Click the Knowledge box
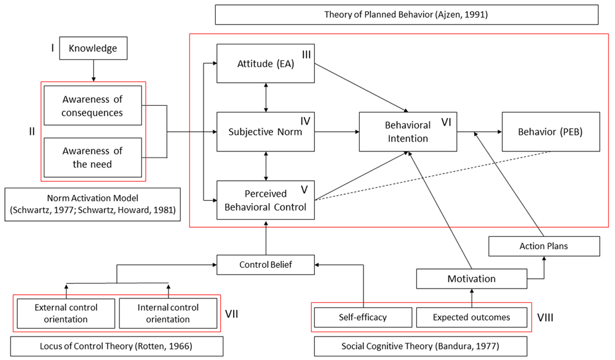click(93, 48)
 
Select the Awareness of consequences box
click(93, 106)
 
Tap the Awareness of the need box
click(93, 158)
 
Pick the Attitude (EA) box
click(266, 63)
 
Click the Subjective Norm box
click(266, 132)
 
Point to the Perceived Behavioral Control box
click(266, 200)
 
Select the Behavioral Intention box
click(408, 132)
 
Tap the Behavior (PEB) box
click(550, 132)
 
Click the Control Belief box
click(266, 265)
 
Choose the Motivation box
click(472, 279)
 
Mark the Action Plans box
click(544, 246)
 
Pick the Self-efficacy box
click(363, 317)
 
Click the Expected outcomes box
click(472, 317)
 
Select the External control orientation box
click(66, 313)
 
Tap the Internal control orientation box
click(168, 313)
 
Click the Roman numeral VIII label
click(545, 317)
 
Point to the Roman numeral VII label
click(231, 314)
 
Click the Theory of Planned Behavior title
click(407, 15)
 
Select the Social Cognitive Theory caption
click(421, 346)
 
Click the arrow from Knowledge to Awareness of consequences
click(93, 71)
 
